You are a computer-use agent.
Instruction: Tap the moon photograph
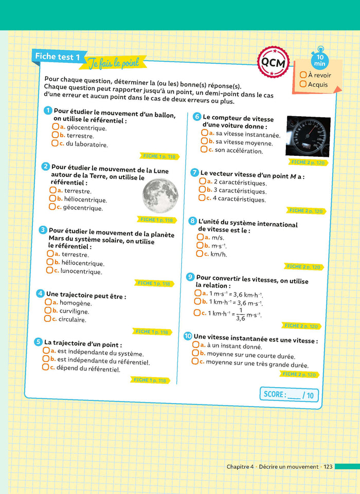coord(160,195)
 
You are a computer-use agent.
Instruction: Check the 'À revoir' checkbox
coord(303,75)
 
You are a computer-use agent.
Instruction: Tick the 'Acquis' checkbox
coord(303,84)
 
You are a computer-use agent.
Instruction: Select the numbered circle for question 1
coord(48,111)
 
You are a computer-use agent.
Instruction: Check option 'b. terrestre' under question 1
coord(55,135)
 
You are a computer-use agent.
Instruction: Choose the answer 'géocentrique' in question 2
coord(83,208)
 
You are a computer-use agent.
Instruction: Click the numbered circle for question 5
coord(38,342)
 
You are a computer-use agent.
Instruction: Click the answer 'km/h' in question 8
coord(219,254)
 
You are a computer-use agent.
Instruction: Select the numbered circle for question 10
coord(188,336)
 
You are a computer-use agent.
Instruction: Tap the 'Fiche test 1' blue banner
coord(57,57)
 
